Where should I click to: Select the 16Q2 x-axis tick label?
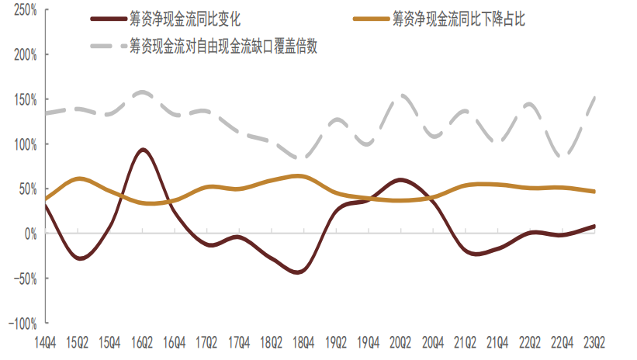pyautogui.click(x=143, y=341)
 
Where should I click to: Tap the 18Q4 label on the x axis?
pyautogui.click(x=303, y=341)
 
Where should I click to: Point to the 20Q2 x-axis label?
pyautogui.click(x=400, y=341)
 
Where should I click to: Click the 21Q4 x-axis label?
pyautogui.click(x=497, y=341)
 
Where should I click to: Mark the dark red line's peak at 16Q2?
pyautogui.click(x=143, y=150)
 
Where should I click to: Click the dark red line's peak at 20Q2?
pyautogui.click(x=399, y=180)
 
